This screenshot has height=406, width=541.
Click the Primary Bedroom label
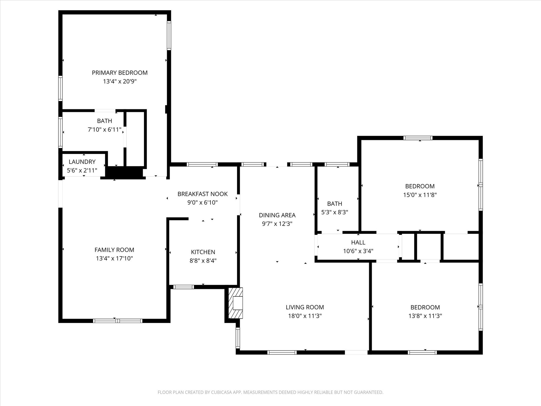(x=120, y=73)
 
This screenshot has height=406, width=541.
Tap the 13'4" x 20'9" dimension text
(x=120, y=81)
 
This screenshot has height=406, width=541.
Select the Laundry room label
(x=82, y=162)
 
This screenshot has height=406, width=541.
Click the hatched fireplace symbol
(x=235, y=303)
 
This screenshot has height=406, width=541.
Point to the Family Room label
(x=114, y=250)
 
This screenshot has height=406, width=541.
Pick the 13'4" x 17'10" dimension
(x=114, y=258)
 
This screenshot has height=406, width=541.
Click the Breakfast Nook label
(x=203, y=194)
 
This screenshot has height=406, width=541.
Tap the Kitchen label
(x=203, y=252)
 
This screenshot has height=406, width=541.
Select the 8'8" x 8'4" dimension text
(x=203, y=261)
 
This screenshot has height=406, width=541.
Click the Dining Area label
(x=277, y=215)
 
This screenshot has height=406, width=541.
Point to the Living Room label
(x=305, y=307)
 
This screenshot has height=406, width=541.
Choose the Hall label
(x=358, y=242)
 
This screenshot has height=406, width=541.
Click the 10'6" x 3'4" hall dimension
(x=358, y=251)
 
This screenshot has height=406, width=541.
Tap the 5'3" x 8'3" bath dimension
(x=335, y=212)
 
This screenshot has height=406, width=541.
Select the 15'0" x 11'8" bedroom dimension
(x=420, y=195)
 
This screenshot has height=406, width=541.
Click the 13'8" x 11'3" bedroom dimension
(x=425, y=316)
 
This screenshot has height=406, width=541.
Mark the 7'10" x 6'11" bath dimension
(x=105, y=130)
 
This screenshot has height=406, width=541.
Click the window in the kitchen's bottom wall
(x=184, y=287)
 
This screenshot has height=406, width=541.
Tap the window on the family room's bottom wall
(x=118, y=321)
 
